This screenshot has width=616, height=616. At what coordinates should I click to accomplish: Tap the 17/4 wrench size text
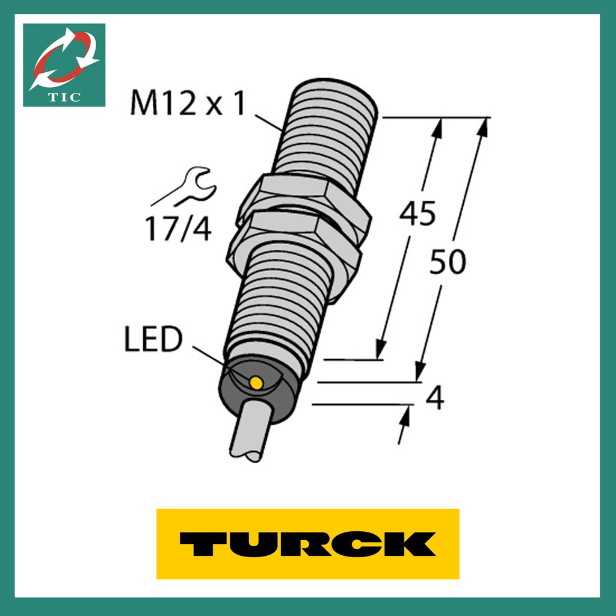(178, 229)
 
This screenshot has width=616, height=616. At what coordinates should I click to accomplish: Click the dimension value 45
(417, 214)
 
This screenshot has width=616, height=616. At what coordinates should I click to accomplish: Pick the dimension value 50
(448, 262)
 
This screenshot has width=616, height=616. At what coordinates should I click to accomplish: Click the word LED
(153, 339)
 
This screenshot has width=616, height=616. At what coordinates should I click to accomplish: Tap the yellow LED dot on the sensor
(256, 383)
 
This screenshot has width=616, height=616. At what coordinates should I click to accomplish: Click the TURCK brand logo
(307, 544)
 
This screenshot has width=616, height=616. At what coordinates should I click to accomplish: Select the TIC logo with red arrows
(64, 65)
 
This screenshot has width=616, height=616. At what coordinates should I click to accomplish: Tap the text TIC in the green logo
(64, 97)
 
